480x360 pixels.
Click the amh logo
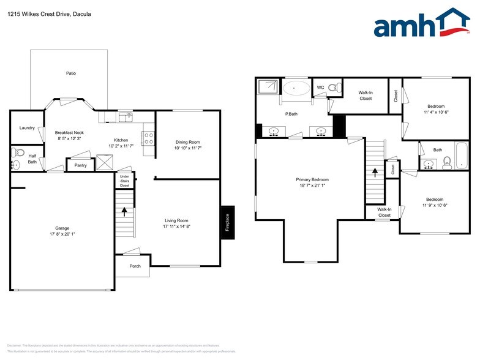point(422,24)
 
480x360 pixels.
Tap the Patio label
point(71,73)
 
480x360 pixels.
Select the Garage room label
point(62,231)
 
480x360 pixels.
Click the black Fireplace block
point(227,223)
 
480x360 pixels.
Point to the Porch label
point(135,266)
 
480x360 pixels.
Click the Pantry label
point(80,165)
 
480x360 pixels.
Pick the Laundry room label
point(27,128)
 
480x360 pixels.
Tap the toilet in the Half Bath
point(17,152)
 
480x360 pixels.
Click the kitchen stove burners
point(148,138)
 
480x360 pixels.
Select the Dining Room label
point(187,142)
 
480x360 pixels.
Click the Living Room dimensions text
point(176,227)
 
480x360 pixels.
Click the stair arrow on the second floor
point(375,173)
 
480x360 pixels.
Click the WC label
point(320,88)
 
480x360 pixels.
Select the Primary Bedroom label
point(312,179)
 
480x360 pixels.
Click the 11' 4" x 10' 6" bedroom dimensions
point(436,112)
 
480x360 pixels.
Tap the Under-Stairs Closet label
point(124,181)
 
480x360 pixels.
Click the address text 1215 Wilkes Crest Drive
point(42,13)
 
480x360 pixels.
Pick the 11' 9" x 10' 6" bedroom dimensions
point(434,206)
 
